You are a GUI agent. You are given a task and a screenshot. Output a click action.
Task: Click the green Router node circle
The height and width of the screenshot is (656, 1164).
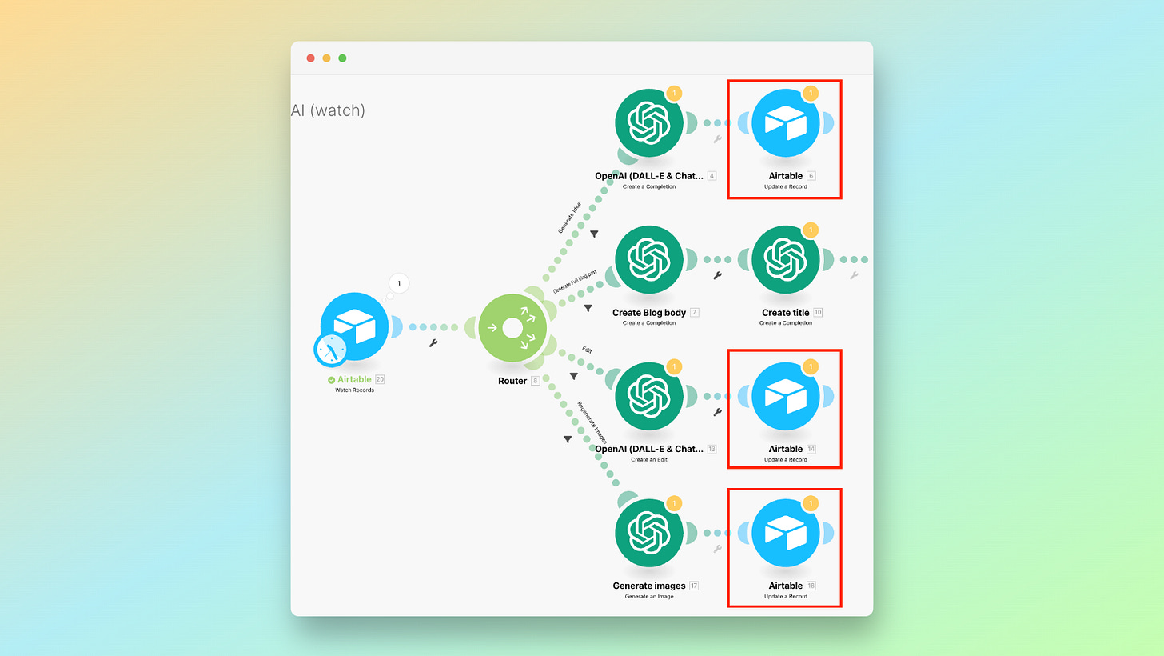coord(512,327)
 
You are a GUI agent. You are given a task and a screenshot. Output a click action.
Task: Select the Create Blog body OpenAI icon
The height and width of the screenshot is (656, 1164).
coord(648,259)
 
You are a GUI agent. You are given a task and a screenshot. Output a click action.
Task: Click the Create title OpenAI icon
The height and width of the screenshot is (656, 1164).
coord(786,259)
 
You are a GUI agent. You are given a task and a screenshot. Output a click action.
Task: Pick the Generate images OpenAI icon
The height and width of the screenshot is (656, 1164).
coord(648,533)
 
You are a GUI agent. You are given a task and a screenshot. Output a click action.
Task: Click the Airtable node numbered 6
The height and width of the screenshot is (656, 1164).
coord(786,122)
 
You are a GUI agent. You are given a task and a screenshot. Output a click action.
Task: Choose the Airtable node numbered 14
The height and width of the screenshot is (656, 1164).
coord(786,395)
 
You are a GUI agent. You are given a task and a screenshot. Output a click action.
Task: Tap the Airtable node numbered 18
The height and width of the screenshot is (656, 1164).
coord(786,533)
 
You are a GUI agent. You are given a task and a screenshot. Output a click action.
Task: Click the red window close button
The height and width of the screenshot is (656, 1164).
coord(311,58)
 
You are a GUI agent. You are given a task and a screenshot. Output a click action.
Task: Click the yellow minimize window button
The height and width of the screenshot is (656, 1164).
coord(326,58)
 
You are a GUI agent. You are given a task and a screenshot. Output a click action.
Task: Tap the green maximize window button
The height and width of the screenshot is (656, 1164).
coord(342,58)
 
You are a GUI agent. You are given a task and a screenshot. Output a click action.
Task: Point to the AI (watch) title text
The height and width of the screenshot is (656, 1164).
coord(328,110)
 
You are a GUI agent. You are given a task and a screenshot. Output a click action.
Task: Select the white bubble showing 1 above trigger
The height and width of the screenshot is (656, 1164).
coord(399,283)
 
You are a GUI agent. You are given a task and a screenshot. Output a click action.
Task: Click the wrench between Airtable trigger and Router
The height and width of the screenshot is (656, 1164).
coord(433,343)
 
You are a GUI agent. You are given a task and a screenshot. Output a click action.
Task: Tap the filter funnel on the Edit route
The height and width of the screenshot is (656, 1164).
coord(573,375)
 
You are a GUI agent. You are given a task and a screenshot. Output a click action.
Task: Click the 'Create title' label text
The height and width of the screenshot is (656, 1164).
coord(786,312)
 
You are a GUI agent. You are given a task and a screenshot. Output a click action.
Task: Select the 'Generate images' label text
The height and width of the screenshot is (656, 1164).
coord(648,586)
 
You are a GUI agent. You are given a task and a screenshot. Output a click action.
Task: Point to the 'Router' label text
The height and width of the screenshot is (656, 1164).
coord(512,381)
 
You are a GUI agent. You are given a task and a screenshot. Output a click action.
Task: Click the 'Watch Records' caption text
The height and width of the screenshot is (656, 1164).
coord(354,390)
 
